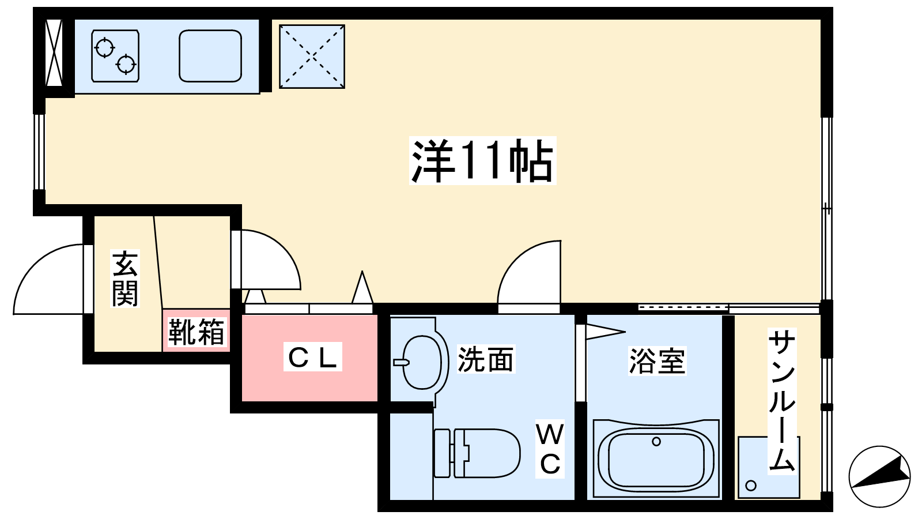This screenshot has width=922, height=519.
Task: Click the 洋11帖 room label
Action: pos(482,161)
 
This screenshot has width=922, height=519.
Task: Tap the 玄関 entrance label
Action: pos(125,279)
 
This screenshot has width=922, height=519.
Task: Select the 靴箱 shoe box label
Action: pos(196,332)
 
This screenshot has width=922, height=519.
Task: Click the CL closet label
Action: pos(312,357)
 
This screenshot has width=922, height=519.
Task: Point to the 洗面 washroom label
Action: pos(485,359)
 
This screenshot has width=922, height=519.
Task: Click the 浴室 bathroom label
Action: pos(656,361)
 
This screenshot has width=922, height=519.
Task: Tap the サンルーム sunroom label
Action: pos(781,401)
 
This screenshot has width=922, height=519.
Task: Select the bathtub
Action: pos(656,459)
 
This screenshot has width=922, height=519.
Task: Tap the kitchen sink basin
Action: pos(210,56)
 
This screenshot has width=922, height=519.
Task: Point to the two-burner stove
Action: pos(115,56)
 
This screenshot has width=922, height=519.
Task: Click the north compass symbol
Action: pos(879,476)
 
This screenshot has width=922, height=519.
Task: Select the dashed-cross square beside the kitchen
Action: pos(312,57)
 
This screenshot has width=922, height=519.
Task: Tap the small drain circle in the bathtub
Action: pos(656,442)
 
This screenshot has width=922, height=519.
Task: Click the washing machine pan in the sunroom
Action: pos(769,467)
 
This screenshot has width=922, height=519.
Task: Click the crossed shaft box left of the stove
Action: pos(54,53)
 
